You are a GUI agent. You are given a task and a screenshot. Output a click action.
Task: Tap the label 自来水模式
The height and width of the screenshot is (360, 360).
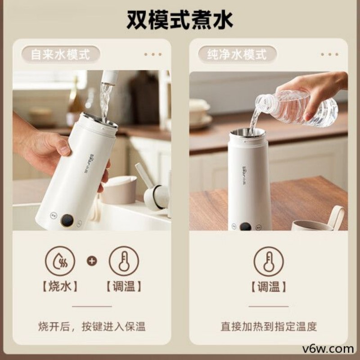60,54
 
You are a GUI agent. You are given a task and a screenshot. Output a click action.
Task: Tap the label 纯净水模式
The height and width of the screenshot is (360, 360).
237,54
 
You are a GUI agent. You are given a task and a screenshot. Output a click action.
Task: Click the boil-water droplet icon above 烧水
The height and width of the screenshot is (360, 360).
60,261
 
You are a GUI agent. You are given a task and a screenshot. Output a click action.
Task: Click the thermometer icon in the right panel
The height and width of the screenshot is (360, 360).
269,261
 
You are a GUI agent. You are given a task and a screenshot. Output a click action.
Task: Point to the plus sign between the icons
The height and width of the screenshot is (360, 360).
92,261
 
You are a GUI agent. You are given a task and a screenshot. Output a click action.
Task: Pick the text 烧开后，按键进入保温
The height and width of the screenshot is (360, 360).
92,326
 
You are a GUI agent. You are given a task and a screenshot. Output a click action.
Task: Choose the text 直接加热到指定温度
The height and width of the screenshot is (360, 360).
269,326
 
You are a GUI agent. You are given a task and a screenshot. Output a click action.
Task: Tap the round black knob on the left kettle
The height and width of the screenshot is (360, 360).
67,220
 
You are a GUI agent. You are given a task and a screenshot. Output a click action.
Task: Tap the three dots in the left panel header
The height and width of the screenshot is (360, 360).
153,54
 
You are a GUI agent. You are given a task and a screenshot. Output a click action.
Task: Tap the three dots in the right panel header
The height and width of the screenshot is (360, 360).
329,54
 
